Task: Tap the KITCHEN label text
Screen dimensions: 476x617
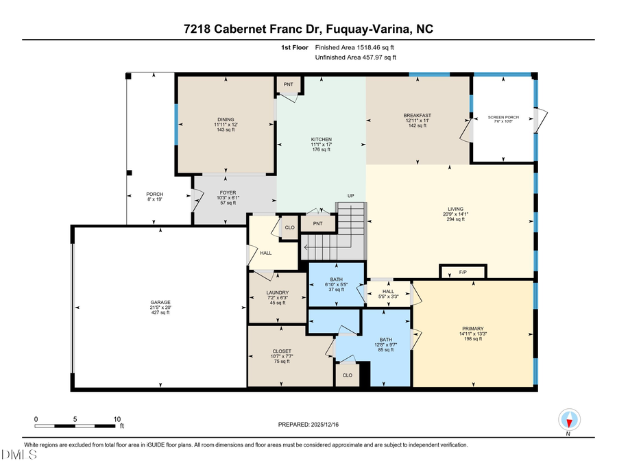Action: (x=321, y=139)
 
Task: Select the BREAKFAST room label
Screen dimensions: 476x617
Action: (x=417, y=115)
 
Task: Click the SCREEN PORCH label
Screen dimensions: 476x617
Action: (x=503, y=117)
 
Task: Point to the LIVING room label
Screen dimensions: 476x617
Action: (x=456, y=209)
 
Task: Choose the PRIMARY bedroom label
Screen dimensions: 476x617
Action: (x=473, y=328)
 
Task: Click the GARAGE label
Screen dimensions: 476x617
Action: (x=160, y=302)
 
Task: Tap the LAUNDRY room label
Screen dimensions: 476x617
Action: (x=278, y=293)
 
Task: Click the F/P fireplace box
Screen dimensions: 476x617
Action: (x=463, y=273)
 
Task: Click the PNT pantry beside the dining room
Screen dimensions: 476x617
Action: (x=289, y=85)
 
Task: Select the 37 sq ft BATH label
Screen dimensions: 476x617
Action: (x=335, y=279)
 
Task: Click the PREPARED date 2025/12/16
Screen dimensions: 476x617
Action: (x=308, y=425)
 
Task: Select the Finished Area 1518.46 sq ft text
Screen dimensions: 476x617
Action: (x=354, y=48)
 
